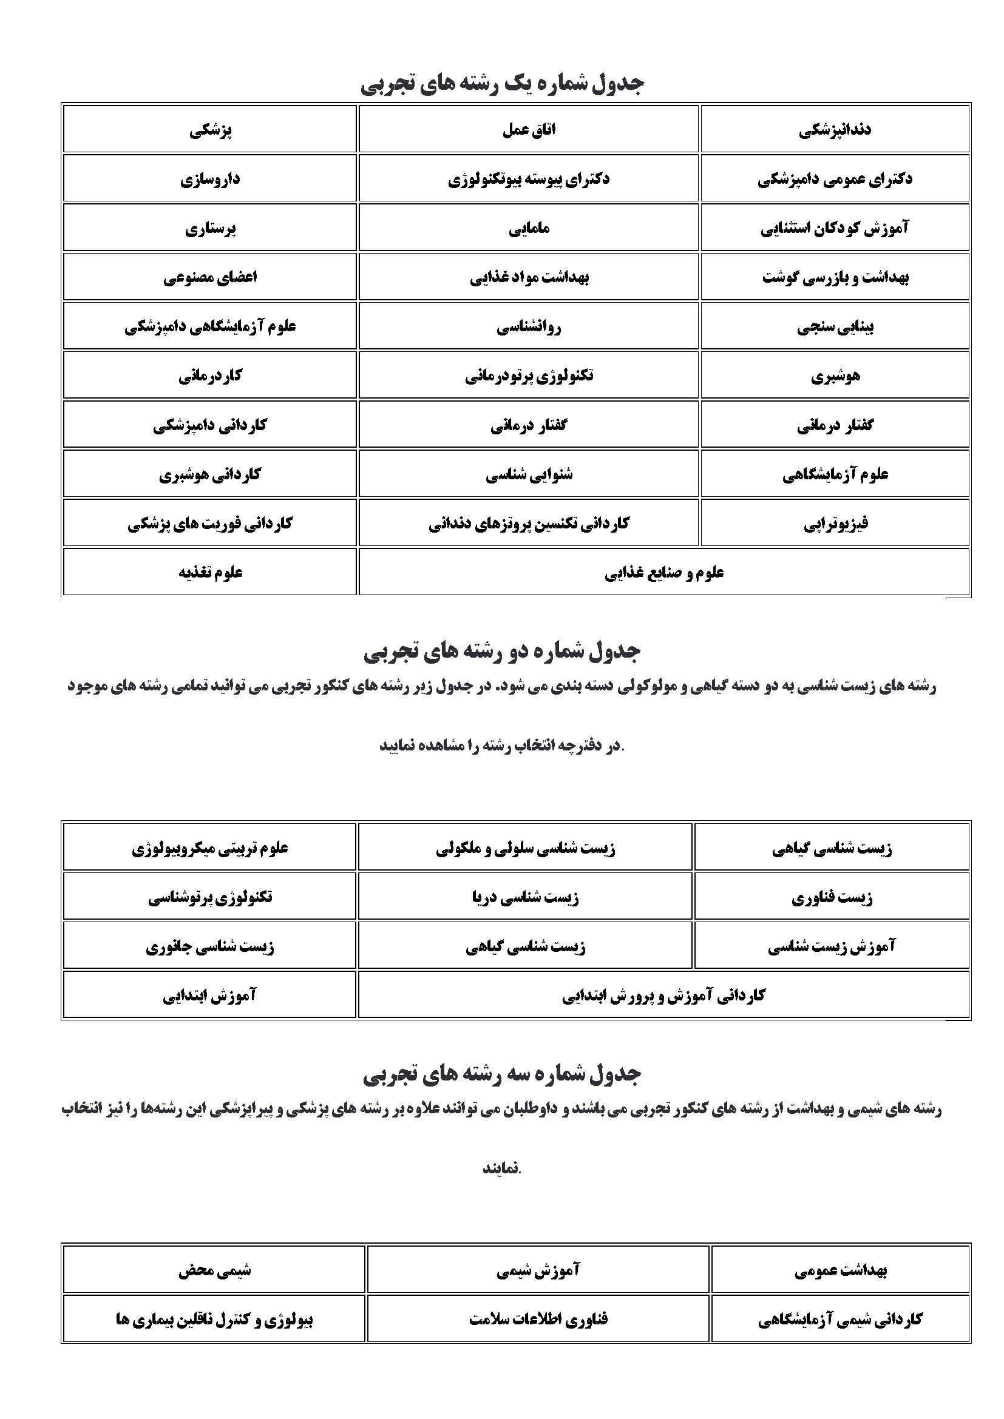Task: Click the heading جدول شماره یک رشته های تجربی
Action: coord(502,84)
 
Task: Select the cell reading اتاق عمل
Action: coord(529,130)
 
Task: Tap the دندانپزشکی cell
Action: coord(835,130)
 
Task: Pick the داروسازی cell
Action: coord(210,179)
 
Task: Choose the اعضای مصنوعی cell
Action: coord(210,277)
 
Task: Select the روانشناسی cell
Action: coord(529,326)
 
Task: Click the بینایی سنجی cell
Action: coord(835,326)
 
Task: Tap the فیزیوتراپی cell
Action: coord(835,524)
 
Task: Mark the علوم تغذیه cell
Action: coord(210,572)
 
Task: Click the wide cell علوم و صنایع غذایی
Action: coord(663,572)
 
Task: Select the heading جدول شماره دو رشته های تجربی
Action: coord(502,651)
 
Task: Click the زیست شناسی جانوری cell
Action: coord(210,946)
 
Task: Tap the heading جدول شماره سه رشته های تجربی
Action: coord(502,1074)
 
